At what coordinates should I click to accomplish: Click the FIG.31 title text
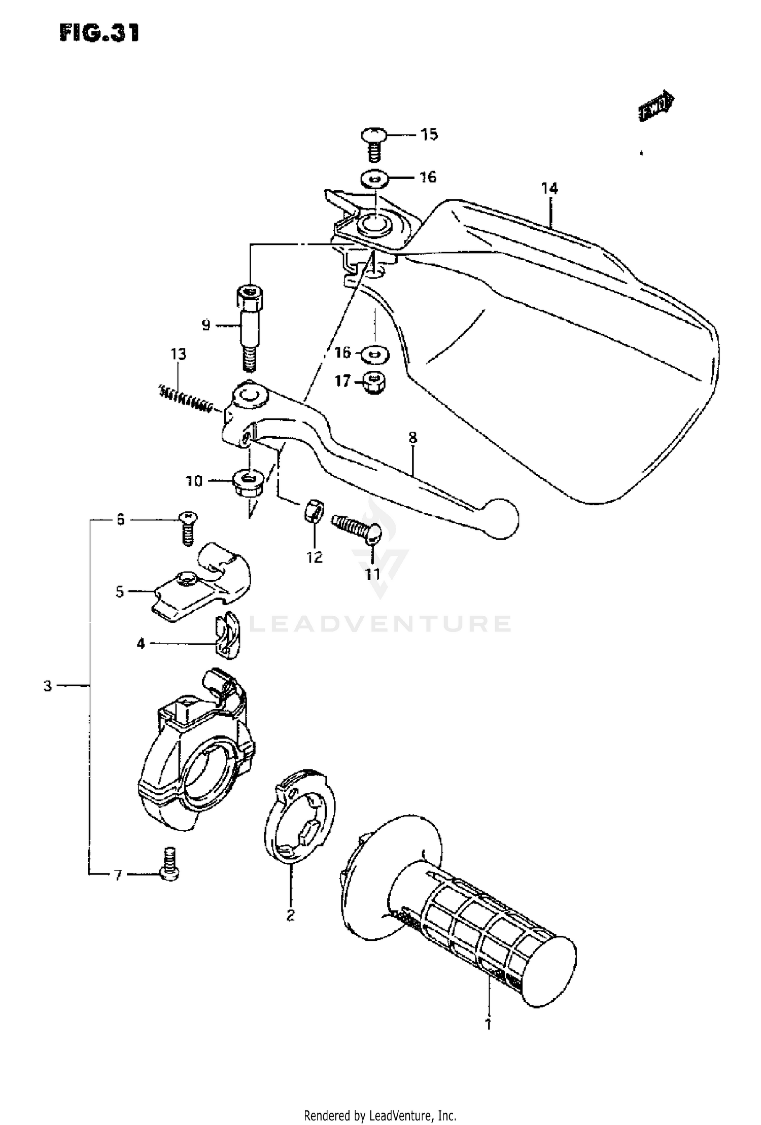coord(99,33)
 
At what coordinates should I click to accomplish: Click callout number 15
coord(429,135)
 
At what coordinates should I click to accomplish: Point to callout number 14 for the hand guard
coord(549,189)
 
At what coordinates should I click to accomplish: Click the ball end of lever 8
coord(501,518)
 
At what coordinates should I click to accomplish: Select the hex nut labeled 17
coord(374,384)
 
